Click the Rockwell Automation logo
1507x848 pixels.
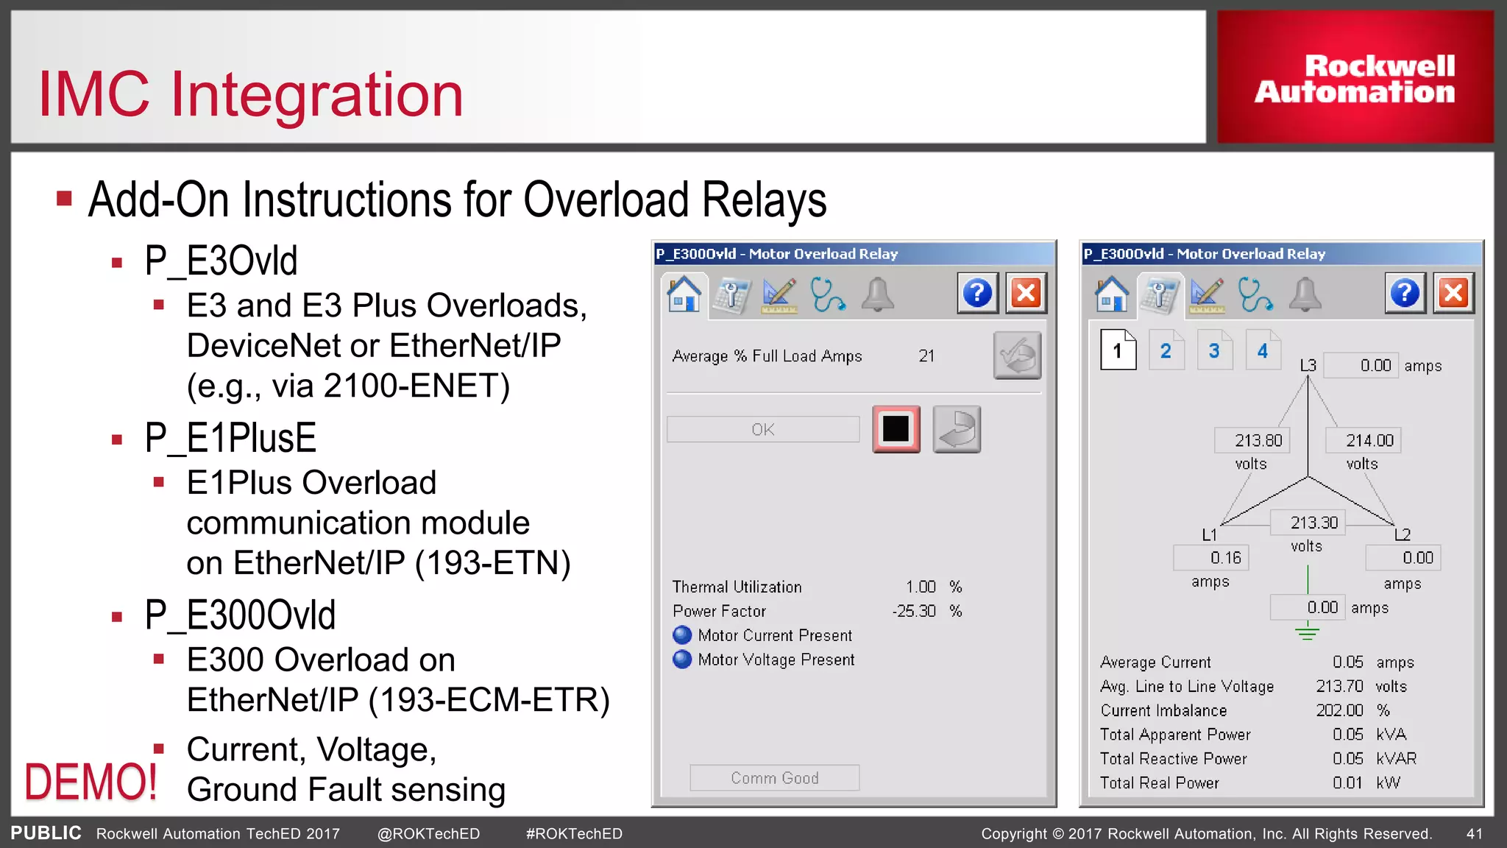(x=1355, y=77)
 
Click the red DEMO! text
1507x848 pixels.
(x=91, y=782)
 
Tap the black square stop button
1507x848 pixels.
(x=896, y=429)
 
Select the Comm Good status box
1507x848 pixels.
(x=774, y=778)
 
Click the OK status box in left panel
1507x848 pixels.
(x=762, y=429)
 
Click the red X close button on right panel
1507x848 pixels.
(x=1453, y=294)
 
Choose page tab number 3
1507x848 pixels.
(x=1214, y=351)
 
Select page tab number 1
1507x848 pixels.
(x=1118, y=350)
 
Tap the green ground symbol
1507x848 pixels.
(x=1307, y=631)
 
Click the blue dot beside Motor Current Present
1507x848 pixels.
(x=682, y=635)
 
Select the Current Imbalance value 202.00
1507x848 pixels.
(x=1339, y=710)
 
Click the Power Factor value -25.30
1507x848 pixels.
(x=914, y=611)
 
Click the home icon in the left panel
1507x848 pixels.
(x=684, y=294)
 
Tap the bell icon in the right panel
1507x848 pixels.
(x=1305, y=294)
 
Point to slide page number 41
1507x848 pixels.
(x=1474, y=834)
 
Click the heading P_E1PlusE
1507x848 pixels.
(x=230, y=438)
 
